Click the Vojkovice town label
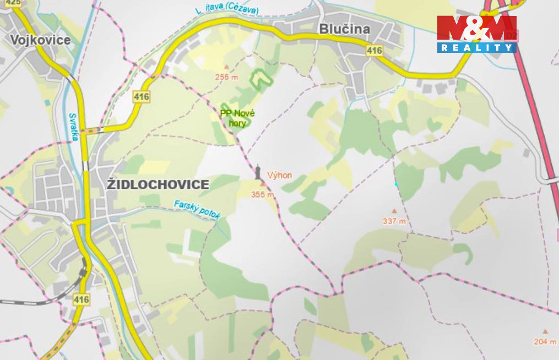click(40, 40)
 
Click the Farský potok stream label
click(197, 210)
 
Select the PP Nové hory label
click(237, 118)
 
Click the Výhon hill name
click(279, 176)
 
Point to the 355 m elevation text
click(262, 194)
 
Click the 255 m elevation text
click(227, 77)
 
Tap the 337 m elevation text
click(394, 221)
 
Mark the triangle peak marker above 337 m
click(394, 211)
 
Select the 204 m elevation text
click(545, 341)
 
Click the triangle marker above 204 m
click(545, 331)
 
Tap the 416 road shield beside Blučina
click(375, 51)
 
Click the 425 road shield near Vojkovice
click(13, 3)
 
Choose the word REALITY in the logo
click(477, 48)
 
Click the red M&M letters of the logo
click(477, 28)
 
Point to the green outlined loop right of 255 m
click(263, 79)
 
